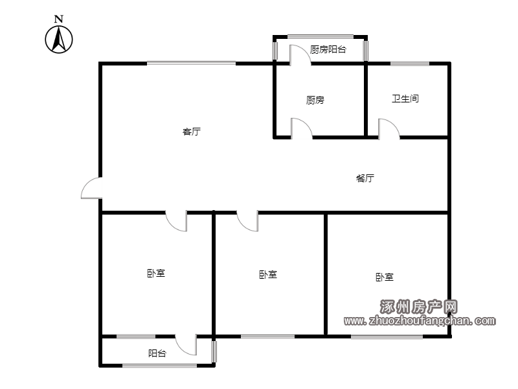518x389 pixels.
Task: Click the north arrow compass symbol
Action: pos(59,40)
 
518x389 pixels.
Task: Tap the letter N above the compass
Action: pos(59,19)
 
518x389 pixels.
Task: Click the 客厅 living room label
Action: pos(192,132)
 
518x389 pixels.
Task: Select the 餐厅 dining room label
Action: pos(365,178)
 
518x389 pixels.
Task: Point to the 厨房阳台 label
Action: pos(328,50)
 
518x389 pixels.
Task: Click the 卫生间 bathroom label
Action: pos(405,99)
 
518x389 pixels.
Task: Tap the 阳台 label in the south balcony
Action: pos(157,353)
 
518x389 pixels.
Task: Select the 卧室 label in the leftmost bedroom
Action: pos(156,273)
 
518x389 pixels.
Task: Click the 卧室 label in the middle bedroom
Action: pos(268,274)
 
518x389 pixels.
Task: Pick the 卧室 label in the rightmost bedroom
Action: pos(385,277)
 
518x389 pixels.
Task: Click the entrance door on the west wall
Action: pos(91,189)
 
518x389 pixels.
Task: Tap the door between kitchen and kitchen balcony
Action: pos(300,55)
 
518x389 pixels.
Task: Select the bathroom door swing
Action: pos(389,128)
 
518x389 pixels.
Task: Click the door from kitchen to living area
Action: pos(302,128)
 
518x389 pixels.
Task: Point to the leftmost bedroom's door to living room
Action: pos(176,221)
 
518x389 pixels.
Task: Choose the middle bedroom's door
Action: pos(247,221)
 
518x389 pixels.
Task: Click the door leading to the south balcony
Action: pos(186,345)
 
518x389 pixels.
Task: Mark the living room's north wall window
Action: pos(191,63)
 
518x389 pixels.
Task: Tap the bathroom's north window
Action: pos(410,63)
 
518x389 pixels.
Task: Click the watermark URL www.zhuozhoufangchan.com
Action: pos(420,320)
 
